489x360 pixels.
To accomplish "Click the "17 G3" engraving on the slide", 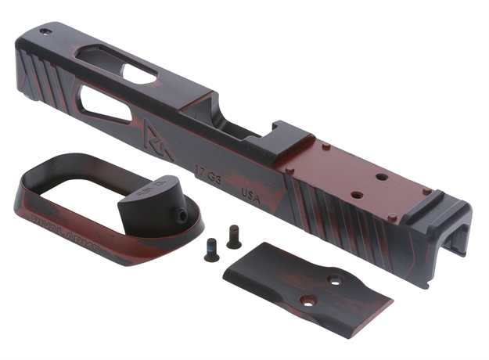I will click(209, 169).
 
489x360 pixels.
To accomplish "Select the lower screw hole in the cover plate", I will click(308, 298).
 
